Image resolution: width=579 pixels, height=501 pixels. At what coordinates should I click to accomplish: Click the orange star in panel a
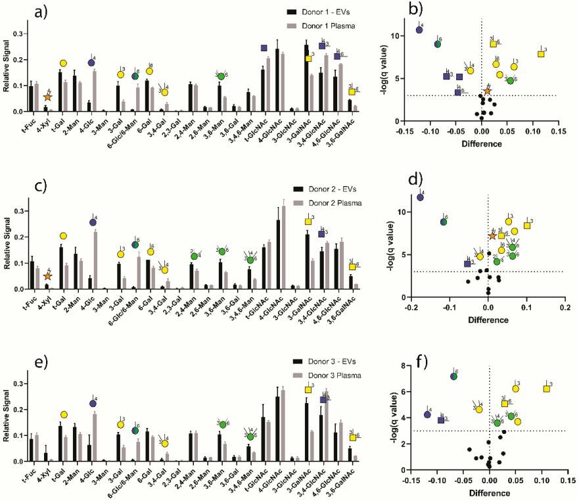point(48,97)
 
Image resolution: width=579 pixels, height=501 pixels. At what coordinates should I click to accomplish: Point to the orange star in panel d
point(493,235)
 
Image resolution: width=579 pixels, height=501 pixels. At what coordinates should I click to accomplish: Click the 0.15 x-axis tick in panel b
point(557,131)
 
